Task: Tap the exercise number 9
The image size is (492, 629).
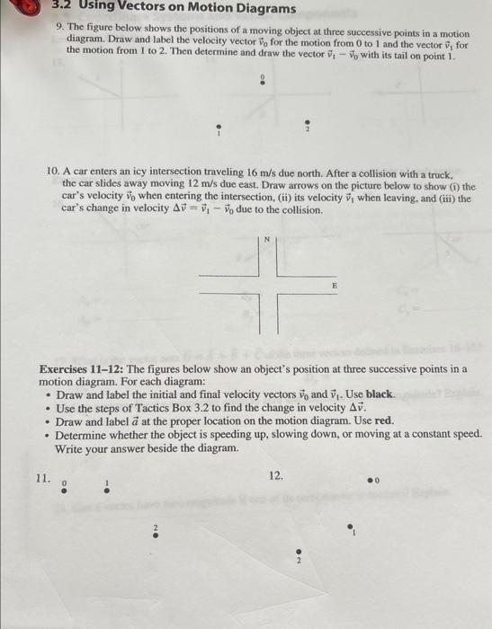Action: tap(58, 29)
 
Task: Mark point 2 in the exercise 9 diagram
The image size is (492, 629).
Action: tap(307, 126)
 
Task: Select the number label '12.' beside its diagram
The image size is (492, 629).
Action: tap(276, 474)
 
